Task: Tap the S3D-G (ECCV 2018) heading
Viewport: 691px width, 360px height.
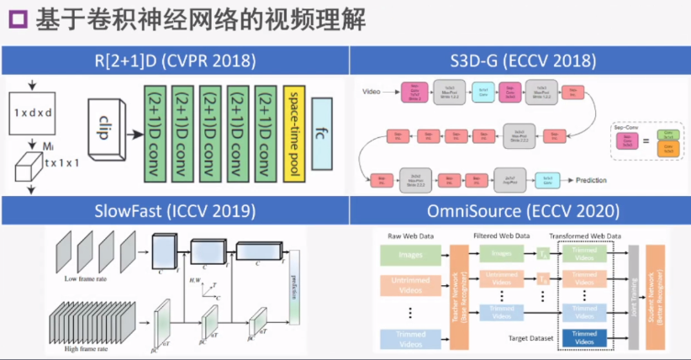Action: [520, 61]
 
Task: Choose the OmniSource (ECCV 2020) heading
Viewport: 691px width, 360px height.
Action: [520, 211]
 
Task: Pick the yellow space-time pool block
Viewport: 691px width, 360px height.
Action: [295, 134]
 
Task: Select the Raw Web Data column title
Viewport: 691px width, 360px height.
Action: [409, 236]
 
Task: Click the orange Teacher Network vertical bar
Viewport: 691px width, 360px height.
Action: [460, 295]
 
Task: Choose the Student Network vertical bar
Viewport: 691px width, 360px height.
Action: [656, 295]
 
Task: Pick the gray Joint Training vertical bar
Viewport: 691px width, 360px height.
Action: [633, 295]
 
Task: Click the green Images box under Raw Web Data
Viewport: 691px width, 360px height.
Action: [410, 253]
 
